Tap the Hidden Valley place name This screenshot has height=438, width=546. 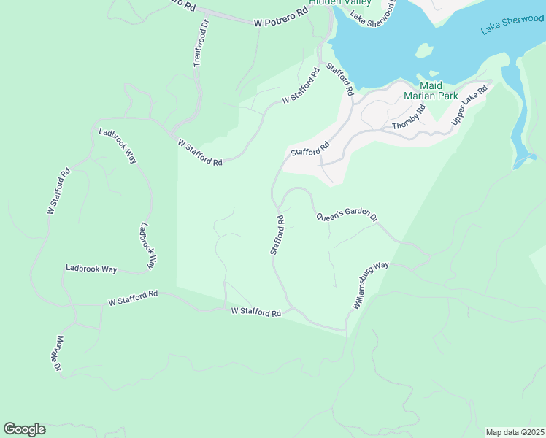pos(339,3)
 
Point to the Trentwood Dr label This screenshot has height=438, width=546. pos(201,44)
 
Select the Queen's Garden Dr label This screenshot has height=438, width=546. pos(347,218)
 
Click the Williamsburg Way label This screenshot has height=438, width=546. pos(371,285)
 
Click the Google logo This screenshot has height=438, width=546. pos(24,429)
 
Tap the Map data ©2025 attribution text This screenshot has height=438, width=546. pos(514,432)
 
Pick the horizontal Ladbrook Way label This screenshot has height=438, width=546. pos(91,269)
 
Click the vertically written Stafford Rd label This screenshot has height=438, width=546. pos(277,234)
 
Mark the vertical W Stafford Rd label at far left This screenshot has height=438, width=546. pos(58,191)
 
